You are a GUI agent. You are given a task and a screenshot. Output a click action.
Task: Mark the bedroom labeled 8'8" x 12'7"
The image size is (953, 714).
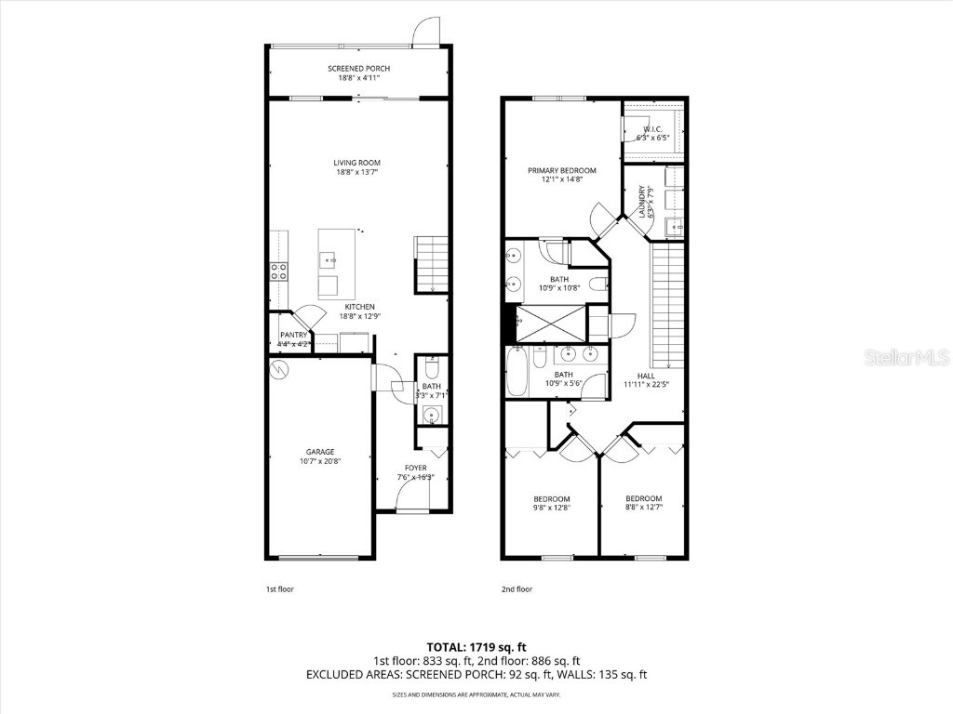pos(643,502)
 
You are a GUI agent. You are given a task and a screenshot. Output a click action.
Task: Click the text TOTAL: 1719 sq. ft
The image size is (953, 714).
pos(476,646)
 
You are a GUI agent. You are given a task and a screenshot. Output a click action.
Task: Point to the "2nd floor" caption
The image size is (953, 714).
pos(517,588)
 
